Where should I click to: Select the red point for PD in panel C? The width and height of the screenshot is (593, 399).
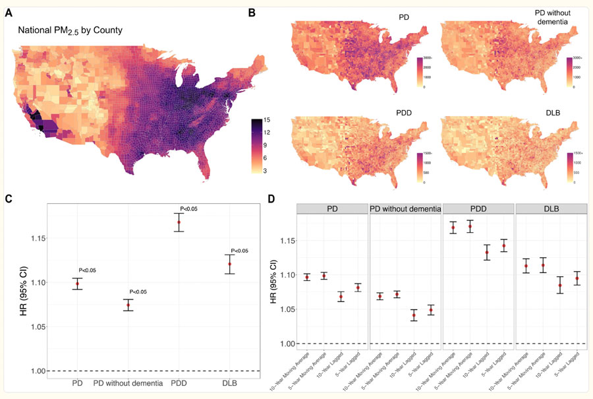click(x=78, y=284)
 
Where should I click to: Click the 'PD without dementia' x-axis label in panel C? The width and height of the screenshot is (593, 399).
click(x=128, y=383)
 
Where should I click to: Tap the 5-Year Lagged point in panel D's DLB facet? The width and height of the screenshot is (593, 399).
click(x=577, y=278)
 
